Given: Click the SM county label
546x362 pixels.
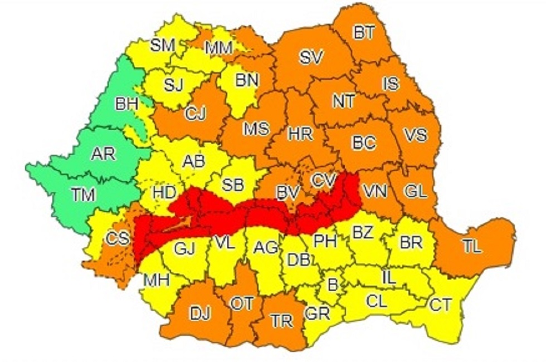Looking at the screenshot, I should (163, 45).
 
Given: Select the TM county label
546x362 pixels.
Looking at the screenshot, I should (83, 194).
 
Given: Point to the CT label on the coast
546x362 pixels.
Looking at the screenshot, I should (441, 304).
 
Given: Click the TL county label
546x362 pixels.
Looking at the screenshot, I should (471, 248).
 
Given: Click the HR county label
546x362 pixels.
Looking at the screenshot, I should (300, 134).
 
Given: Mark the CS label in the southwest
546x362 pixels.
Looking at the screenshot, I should (118, 239).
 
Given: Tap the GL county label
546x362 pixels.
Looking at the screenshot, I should (415, 192).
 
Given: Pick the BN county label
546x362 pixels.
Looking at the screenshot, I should (247, 80).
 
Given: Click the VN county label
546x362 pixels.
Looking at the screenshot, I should (374, 192).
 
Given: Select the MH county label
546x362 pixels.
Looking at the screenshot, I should (156, 280).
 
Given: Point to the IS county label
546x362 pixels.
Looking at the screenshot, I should (391, 84).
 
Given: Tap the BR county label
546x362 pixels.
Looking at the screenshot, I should (411, 243).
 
